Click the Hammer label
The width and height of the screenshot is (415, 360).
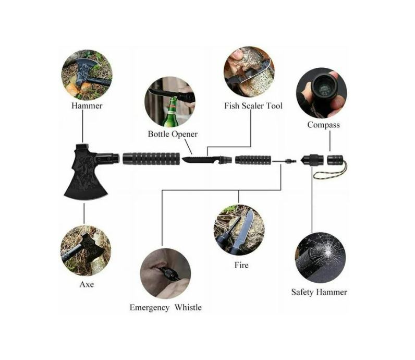point(86,106)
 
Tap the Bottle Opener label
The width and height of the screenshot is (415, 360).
point(173,134)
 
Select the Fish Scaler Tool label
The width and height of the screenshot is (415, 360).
point(253,106)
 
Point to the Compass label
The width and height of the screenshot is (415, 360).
point(323,125)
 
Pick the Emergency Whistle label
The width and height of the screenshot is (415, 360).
point(165,307)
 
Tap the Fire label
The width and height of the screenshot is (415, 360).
point(241,265)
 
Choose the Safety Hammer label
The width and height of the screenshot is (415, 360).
point(319,292)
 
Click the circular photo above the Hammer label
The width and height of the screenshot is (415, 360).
point(87,74)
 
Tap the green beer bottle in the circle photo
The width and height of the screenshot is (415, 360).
point(170,115)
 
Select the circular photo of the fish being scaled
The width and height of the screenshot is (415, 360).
point(249,71)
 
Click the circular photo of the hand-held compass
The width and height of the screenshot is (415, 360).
point(321,92)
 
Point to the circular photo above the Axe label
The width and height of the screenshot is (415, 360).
point(86,250)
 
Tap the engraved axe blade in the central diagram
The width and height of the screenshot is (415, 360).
point(86,177)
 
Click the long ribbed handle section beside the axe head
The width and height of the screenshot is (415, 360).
point(151,158)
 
